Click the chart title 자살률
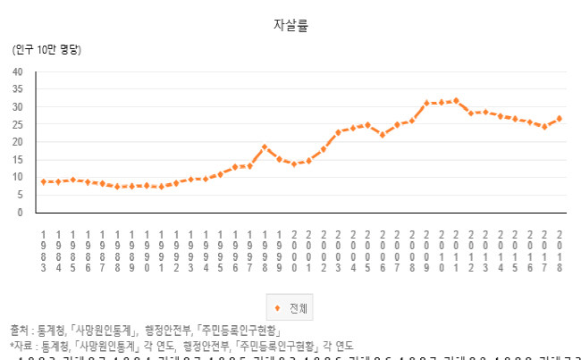tap(290, 25)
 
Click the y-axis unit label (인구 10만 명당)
tap(46, 49)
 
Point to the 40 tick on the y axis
tap(18, 71)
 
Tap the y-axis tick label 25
tap(18, 124)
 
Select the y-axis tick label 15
tap(18, 160)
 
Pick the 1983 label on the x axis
tap(44, 249)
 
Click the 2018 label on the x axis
tap(560, 249)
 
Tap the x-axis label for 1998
tap(265, 249)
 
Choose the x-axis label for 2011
tap(456, 249)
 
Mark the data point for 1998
tap(265, 147)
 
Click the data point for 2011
tap(456, 101)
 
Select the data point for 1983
tap(44, 181)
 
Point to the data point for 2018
tap(560, 118)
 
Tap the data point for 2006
tap(383, 135)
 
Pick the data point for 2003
tap(338, 132)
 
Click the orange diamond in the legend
tap(277, 309)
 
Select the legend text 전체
tap(298, 309)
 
